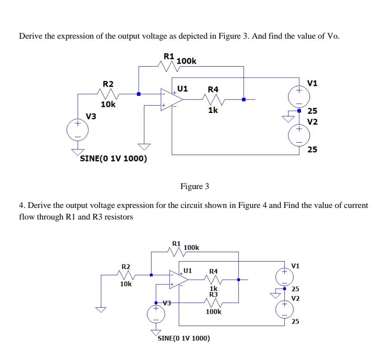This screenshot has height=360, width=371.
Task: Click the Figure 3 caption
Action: pos(195,186)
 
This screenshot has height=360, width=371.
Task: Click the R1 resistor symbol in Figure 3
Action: pos(168,66)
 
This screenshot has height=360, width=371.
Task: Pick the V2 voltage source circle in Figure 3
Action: pos(299,133)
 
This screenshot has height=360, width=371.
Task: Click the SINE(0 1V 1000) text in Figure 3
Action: pos(113,159)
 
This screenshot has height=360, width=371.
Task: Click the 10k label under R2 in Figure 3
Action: pos(107,104)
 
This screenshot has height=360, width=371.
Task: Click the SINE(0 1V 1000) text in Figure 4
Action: pos(184,338)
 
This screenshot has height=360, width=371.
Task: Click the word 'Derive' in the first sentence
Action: pos(30,36)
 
